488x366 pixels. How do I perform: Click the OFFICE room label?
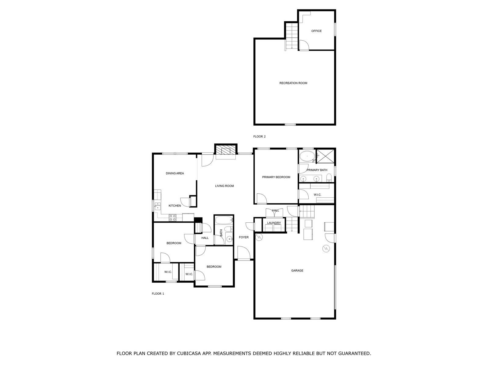coord(316,31)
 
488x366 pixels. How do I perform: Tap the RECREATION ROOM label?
coord(293,83)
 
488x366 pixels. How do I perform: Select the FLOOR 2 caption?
coord(259,136)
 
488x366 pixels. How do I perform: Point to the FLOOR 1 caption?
coord(158,293)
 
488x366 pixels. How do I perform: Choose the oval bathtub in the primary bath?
coord(307,156)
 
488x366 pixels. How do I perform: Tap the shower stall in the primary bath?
coord(325,156)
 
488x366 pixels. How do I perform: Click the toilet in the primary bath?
coord(329,178)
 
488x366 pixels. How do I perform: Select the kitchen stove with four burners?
coord(173,217)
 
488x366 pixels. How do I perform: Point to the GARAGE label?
coord(297,271)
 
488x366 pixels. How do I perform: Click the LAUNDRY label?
coord(274,223)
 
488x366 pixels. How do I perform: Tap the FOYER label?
coord(244,237)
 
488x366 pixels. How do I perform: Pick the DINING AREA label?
coord(175,173)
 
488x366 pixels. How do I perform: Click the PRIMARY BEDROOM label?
coord(276,177)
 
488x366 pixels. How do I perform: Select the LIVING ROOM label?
coord(224,186)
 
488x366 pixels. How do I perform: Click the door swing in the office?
coord(304,45)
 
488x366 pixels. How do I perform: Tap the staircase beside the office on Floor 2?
coord(292,36)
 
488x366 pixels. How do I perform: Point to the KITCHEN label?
coord(175,206)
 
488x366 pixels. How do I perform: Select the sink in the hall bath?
coord(229,239)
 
